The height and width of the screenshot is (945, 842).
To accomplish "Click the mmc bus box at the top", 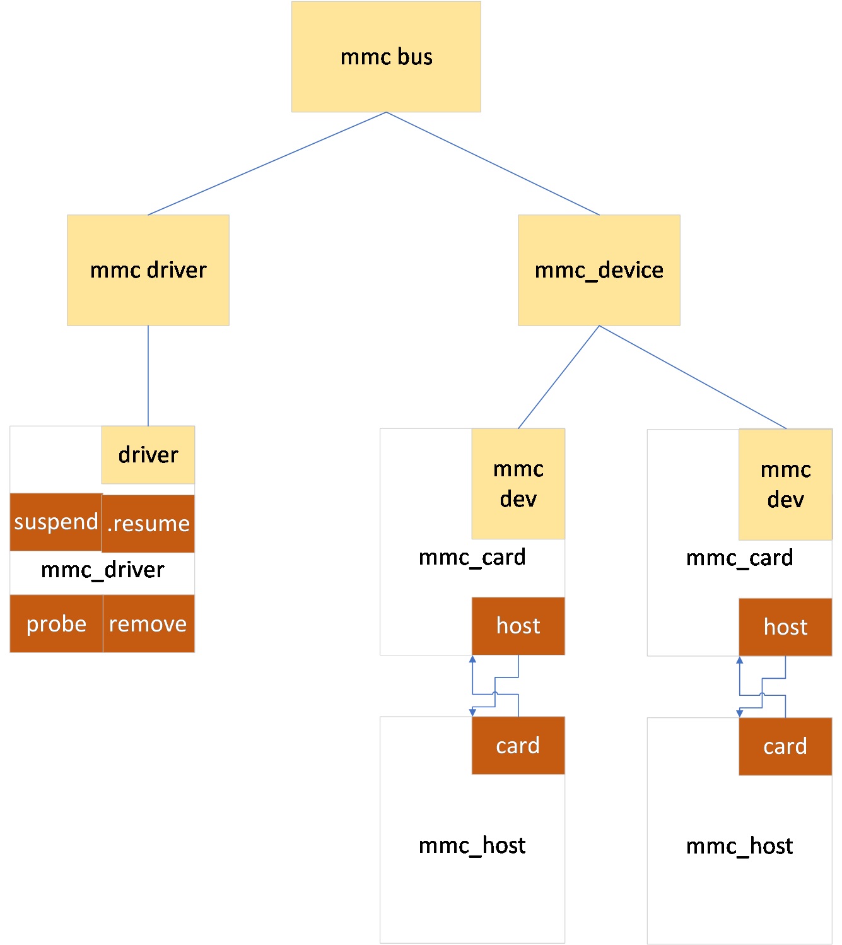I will pos(386,57).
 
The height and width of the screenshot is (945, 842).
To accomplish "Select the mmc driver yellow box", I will pos(148,270).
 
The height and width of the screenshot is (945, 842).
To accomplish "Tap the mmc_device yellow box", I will pos(599,270).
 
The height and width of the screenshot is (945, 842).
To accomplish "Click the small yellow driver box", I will pos(148,455).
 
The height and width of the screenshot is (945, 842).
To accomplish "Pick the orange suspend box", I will pos(56,522).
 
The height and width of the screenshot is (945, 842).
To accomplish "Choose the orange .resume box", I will pos(148,524).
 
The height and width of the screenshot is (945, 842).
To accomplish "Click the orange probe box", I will pos(56,623).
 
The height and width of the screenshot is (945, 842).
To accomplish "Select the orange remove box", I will pos(148,623).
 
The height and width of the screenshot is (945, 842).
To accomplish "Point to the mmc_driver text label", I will pos(102,570).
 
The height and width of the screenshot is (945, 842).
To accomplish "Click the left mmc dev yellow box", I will pos(518,484).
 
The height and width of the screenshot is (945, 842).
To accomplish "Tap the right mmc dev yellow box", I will pos(785,484).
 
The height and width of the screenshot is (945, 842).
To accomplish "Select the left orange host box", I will pos(518,626).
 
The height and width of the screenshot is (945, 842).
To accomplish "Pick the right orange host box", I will pos(785,627).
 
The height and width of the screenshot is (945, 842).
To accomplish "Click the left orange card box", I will pos(518,746).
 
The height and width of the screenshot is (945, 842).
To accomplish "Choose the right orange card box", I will pos(785,746).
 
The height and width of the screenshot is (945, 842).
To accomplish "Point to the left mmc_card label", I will pos(472,558).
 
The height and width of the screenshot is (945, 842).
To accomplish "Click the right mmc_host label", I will pos(739,846).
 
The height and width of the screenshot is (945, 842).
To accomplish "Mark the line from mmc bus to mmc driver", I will pos(267,163).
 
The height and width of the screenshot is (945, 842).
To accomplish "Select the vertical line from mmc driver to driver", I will pos(148,376).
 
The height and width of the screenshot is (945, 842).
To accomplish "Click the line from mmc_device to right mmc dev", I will pos(693,377).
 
